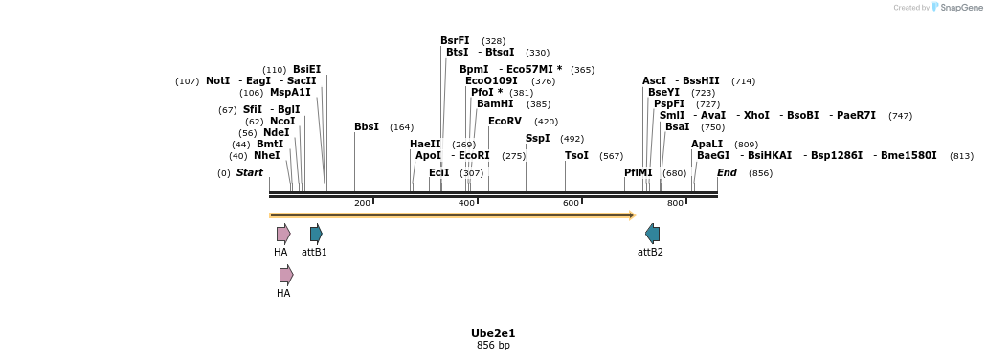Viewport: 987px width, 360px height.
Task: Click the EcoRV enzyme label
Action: click(505, 122)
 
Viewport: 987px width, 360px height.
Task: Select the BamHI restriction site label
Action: click(495, 104)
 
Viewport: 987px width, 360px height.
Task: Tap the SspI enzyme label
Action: click(537, 139)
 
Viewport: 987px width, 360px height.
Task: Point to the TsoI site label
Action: click(576, 156)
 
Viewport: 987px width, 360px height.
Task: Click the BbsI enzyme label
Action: click(367, 127)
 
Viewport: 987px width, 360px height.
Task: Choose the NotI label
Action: click(217, 81)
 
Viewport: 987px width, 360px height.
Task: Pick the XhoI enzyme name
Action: click(756, 116)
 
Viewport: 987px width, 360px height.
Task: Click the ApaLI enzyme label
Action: click(707, 145)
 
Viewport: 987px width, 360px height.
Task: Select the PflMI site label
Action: click(638, 173)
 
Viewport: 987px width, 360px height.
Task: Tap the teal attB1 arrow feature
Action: click(316, 234)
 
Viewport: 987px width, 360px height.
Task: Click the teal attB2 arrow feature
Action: click(652, 234)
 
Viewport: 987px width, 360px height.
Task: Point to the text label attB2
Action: click(650, 253)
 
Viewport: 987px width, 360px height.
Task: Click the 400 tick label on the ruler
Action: click(466, 203)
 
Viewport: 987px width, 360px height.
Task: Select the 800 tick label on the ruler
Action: click(675, 203)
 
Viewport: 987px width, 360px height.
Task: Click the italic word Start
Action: click(249, 173)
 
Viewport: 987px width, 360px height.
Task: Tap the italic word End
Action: click(727, 173)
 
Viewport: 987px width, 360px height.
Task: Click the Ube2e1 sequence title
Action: click(493, 333)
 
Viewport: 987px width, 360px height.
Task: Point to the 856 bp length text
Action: click(493, 346)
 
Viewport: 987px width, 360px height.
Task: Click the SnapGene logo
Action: click(953, 8)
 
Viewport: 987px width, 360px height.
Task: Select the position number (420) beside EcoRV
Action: click(546, 122)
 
